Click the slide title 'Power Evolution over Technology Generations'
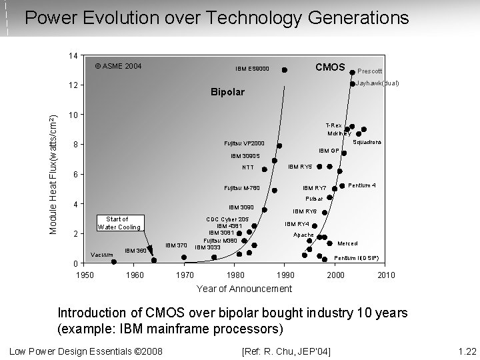(x=217, y=17)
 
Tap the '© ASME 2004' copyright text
(x=118, y=67)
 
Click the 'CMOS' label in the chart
(x=329, y=67)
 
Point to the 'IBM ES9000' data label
(x=253, y=69)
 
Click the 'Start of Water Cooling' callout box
(x=119, y=223)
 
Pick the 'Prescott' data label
(x=369, y=71)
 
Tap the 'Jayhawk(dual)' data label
(x=377, y=83)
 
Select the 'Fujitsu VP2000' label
(x=244, y=143)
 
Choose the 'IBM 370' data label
(x=175, y=245)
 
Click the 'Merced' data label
(x=348, y=243)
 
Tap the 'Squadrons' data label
(x=367, y=143)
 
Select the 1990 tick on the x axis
(x=285, y=275)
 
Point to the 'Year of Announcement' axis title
(x=243, y=289)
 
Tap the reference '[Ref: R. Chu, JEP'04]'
(x=289, y=351)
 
